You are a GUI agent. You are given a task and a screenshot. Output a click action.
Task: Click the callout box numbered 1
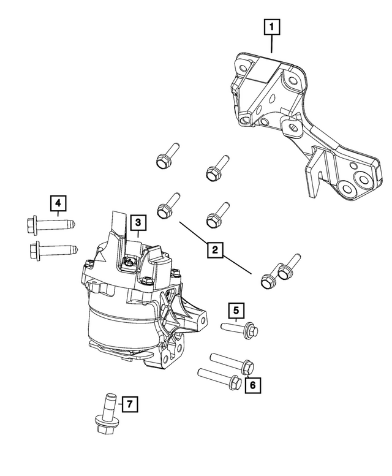click(272, 28)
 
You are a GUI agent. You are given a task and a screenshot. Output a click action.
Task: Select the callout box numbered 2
click(214, 249)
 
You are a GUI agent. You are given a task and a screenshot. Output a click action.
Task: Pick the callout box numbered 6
click(251, 385)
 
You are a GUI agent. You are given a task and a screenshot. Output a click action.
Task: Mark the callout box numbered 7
click(129, 404)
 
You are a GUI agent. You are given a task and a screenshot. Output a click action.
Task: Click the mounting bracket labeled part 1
click(288, 116)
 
